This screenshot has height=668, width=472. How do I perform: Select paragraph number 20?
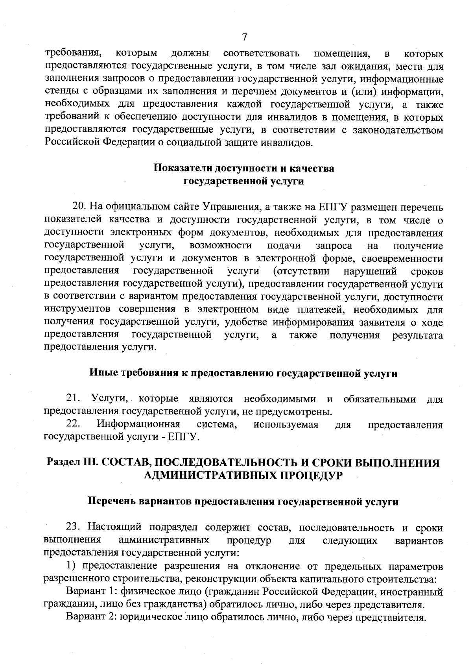point(78,206)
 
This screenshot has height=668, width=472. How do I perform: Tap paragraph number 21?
point(74,399)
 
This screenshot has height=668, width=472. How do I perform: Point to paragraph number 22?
point(74,424)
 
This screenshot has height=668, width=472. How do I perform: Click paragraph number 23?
point(74,527)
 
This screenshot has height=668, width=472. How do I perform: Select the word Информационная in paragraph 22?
point(138,424)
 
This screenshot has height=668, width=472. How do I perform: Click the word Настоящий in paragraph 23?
point(116,527)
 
